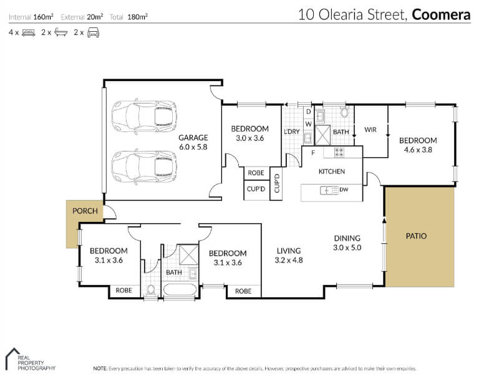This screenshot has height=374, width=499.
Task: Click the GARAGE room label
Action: click(x=193, y=138)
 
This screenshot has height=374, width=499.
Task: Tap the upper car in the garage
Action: click(x=144, y=116)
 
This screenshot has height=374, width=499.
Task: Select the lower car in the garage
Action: click(x=144, y=166)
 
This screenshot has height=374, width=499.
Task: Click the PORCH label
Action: click(x=85, y=211)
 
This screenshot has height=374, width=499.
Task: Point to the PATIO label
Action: click(x=416, y=236)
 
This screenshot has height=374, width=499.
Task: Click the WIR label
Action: click(x=371, y=130)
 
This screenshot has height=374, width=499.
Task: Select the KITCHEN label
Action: click(x=332, y=171)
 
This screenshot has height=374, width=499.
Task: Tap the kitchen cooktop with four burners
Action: click(x=339, y=153)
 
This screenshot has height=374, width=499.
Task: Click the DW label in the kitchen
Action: click(x=344, y=189)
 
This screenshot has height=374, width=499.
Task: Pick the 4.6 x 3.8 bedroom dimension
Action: click(x=418, y=150)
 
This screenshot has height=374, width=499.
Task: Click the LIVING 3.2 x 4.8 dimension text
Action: click(x=289, y=260)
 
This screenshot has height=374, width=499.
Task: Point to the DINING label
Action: click(x=347, y=238)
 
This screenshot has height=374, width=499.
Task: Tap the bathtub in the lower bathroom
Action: click(x=180, y=290)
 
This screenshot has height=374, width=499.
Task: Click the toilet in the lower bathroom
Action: click(x=151, y=290)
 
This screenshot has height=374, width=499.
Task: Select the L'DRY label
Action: click(x=292, y=132)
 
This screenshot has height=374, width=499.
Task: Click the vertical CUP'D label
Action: click(x=276, y=183)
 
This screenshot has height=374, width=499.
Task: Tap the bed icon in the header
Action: click(x=28, y=32)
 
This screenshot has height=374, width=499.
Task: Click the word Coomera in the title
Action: click(x=441, y=15)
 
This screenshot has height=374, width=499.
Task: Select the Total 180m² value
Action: click(x=137, y=17)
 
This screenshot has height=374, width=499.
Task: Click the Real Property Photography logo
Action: click(x=31, y=360)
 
